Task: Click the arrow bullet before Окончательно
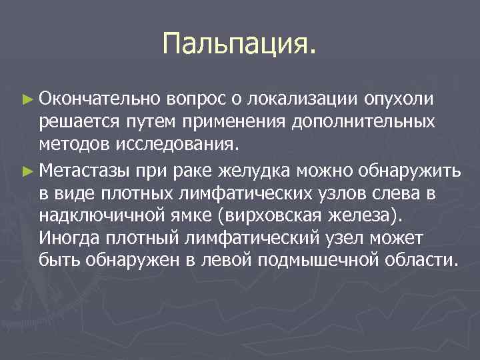pos(27,100)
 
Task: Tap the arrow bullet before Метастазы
pos(27,169)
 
